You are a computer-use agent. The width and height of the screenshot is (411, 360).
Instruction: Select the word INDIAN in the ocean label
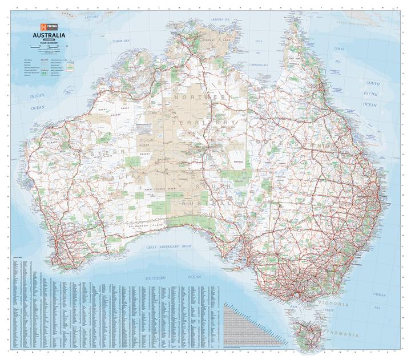37,96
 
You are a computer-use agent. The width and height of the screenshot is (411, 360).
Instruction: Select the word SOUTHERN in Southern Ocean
155,277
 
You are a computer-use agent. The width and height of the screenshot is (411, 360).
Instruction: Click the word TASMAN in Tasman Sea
378,294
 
